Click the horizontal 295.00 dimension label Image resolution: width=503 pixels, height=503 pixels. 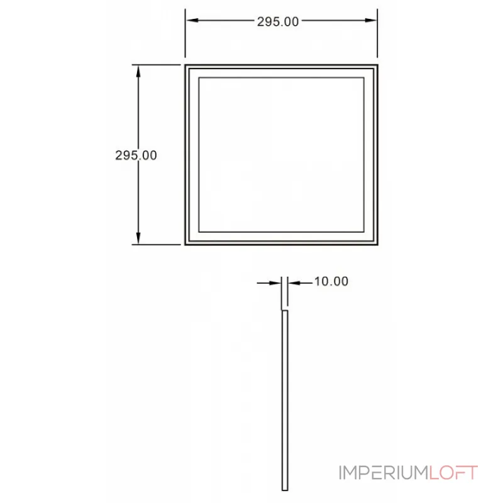tap(278, 22)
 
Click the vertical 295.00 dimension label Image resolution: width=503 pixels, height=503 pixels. tap(136, 155)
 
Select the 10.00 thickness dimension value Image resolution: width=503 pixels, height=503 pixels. tap(331, 281)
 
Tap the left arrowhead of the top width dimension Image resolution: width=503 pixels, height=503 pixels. tap(192, 20)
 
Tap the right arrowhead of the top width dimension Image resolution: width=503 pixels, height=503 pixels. tap(371, 20)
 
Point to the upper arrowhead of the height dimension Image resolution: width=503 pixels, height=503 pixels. tap(138, 71)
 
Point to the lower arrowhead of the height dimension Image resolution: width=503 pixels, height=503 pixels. tap(138, 238)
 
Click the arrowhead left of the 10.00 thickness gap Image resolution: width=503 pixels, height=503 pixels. tap(276, 283)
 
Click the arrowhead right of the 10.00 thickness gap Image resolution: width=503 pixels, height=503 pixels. tap(294, 283)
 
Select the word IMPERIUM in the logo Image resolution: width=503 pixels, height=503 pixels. tap(384, 473)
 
